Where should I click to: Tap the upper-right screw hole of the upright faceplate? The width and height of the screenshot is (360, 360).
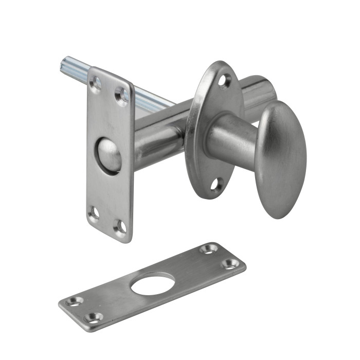click(122, 95)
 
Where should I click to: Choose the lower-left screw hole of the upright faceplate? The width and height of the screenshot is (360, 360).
click(93, 213)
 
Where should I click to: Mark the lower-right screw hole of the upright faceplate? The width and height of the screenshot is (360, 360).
click(120, 226)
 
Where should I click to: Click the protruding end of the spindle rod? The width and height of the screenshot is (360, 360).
click(68, 66)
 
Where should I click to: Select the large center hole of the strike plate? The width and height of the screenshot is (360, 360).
click(152, 284)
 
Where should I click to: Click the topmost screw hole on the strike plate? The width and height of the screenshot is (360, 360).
click(208, 249)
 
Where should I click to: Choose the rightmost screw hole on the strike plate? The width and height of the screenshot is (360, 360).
click(229, 264)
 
